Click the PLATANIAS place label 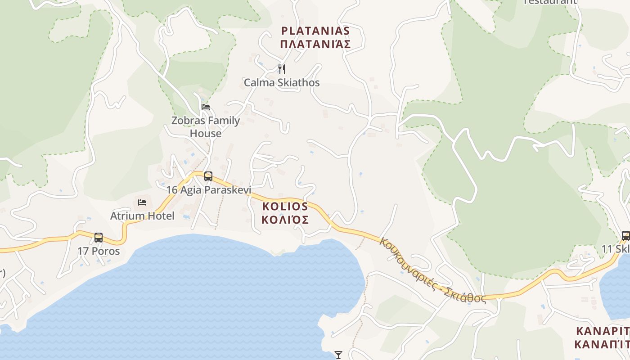(x=315, y=31)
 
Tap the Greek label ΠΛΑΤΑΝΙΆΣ (x=315, y=44)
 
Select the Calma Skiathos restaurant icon (x=282, y=69)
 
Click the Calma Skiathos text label (x=282, y=83)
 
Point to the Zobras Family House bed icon (x=206, y=107)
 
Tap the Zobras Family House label (x=206, y=127)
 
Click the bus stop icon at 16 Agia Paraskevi (x=208, y=176)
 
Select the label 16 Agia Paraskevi (x=209, y=190)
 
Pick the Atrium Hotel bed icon (x=142, y=202)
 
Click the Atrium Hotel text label (x=142, y=216)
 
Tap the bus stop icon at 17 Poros (x=99, y=237)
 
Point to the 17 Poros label (x=99, y=251)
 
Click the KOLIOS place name (x=285, y=207)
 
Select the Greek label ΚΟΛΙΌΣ (x=285, y=220)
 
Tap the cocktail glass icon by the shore (x=338, y=355)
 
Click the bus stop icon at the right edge (x=625, y=235)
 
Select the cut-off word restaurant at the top (x=550, y=2)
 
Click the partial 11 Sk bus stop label (x=616, y=249)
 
